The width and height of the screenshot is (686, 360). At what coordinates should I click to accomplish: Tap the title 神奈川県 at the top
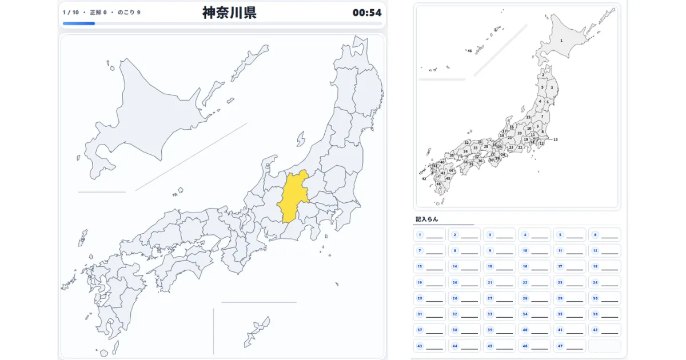click(x=229, y=13)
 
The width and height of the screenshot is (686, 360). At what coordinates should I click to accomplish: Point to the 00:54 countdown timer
click(x=366, y=13)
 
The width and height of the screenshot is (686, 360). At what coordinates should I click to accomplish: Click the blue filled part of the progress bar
click(x=78, y=23)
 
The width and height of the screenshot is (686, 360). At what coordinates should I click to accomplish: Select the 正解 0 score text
click(x=98, y=12)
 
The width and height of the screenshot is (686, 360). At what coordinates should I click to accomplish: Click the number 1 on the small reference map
click(x=561, y=41)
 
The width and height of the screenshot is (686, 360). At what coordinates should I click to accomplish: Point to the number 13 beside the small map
click(x=555, y=139)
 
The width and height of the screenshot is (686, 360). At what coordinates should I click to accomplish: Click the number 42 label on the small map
click(x=424, y=179)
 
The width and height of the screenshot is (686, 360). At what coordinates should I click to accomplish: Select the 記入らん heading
click(x=426, y=219)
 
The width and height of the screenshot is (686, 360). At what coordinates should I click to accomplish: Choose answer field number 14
click(x=464, y=266)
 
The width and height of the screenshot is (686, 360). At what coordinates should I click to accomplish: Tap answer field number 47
click(x=569, y=346)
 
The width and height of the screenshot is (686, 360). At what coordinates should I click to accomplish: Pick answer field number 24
click(x=604, y=282)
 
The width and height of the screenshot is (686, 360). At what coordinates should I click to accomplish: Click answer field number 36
click(x=604, y=314)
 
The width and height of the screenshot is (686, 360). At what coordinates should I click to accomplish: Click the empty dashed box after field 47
click(x=604, y=346)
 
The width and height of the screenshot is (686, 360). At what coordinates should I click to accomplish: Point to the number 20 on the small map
click(x=520, y=133)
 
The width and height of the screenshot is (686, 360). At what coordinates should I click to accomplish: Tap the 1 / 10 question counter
click(x=71, y=12)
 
